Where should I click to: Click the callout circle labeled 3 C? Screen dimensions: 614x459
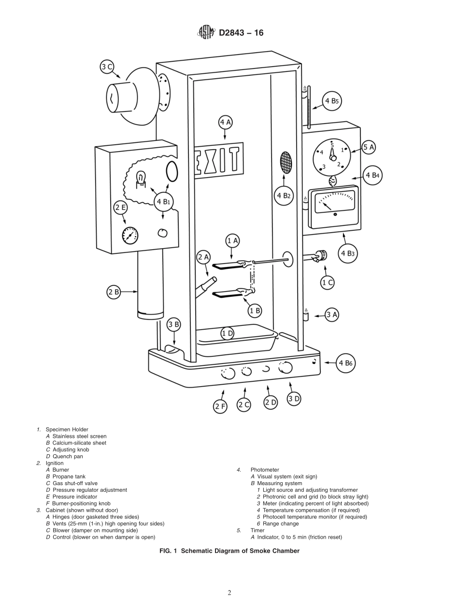(x=107, y=67)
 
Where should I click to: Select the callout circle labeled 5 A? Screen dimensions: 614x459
(x=369, y=147)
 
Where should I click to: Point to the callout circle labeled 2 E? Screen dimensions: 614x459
(x=120, y=208)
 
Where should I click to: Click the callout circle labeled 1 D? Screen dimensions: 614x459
(x=228, y=334)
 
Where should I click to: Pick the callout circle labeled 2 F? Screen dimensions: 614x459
(x=220, y=406)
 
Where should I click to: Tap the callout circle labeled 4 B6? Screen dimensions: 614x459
(x=346, y=363)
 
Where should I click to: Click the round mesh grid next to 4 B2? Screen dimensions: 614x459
(x=286, y=163)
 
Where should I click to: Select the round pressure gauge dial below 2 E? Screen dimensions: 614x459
(x=130, y=236)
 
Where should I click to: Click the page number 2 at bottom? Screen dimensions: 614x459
(x=229, y=593)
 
